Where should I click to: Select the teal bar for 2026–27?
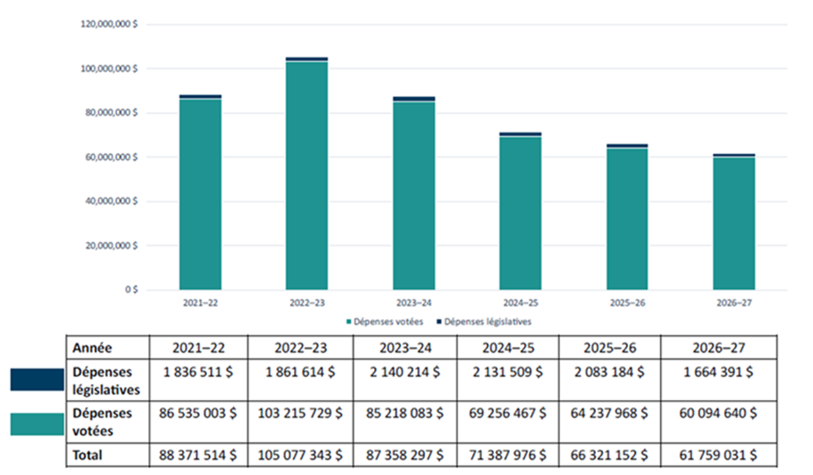click(x=734, y=223)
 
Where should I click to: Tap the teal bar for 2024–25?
click(x=520, y=212)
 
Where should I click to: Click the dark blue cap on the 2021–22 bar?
click(x=200, y=97)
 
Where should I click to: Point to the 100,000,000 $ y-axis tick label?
click(x=110, y=69)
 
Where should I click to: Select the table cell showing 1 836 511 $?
click(x=199, y=372)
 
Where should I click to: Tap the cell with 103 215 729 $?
click(x=300, y=412)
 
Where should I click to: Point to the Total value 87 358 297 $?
click(x=405, y=456)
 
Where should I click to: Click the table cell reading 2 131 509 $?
click(x=508, y=372)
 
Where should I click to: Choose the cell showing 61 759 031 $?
click(x=718, y=456)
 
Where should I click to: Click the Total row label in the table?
click(x=88, y=456)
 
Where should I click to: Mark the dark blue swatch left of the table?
click(x=37, y=379)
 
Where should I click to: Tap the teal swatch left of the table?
click(x=37, y=424)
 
